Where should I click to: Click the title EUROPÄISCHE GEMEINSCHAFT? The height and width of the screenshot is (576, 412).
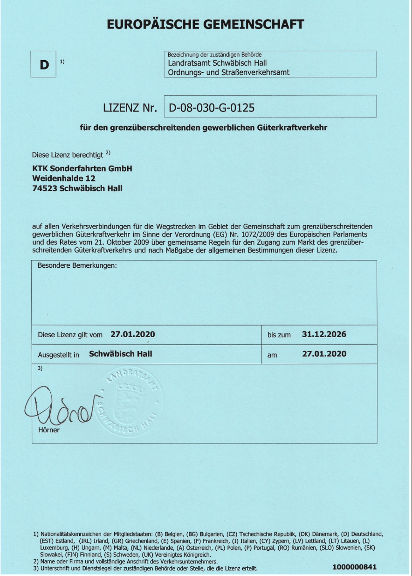click(206, 24)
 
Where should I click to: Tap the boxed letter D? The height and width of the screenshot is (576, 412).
click(44, 65)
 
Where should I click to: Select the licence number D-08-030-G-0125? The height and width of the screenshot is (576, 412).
click(212, 108)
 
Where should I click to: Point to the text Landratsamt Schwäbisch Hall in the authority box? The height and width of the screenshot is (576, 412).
click(217, 63)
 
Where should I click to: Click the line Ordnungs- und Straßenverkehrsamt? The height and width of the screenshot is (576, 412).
click(228, 72)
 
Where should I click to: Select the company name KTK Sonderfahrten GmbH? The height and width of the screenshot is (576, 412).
click(82, 168)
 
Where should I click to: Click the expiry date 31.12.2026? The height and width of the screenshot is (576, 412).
click(324, 334)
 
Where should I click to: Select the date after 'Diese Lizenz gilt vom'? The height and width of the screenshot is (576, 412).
click(132, 334)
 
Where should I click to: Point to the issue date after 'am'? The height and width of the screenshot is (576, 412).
click(324, 354)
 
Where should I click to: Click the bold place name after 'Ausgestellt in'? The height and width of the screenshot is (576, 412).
click(120, 354)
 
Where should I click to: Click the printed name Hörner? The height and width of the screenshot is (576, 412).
click(48, 430)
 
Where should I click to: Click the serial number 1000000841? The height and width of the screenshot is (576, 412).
click(354, 567)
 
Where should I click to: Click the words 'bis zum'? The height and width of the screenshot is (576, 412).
click(279, 335)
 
